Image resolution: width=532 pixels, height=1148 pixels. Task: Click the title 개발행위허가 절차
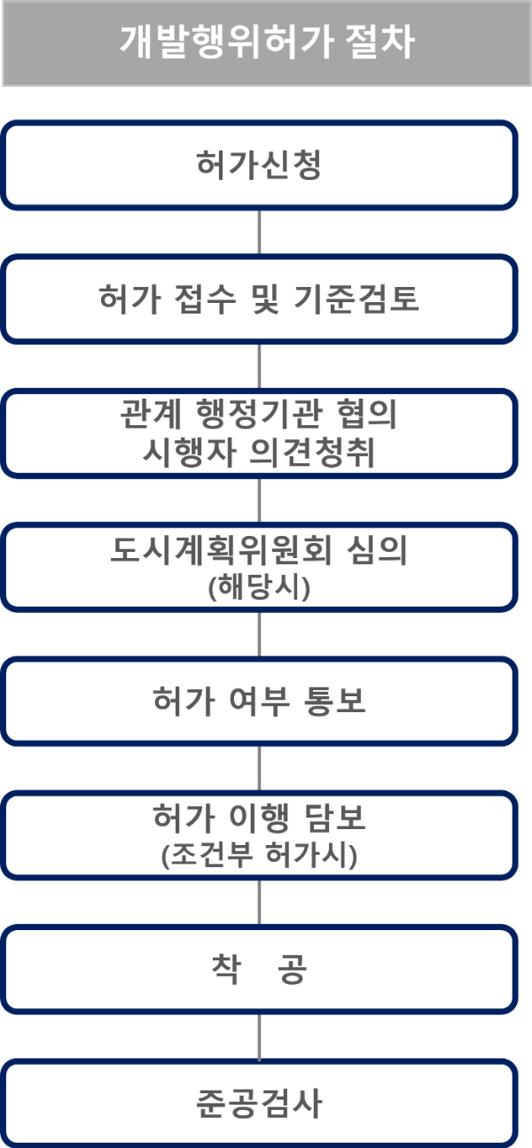266,43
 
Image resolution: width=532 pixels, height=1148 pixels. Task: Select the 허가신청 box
259,166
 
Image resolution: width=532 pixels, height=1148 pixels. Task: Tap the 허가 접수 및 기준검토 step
259,299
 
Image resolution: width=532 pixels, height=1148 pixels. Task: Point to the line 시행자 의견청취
259,453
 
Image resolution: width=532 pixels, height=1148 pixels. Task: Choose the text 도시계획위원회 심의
259,552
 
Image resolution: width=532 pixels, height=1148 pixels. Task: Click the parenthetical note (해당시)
259,588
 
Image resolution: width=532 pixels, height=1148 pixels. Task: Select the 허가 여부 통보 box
259,702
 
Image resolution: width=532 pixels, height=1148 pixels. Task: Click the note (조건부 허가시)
259,857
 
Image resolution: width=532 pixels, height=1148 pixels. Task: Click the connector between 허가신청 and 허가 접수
259,233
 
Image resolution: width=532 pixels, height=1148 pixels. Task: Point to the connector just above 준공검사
259,1037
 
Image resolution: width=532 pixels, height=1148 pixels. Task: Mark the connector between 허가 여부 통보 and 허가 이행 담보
259,768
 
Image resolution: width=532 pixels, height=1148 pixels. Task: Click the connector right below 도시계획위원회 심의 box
259,634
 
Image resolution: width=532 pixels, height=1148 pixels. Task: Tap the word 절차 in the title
381,43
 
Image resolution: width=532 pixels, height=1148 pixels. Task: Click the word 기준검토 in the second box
369,299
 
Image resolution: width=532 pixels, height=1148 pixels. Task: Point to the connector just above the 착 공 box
259,903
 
